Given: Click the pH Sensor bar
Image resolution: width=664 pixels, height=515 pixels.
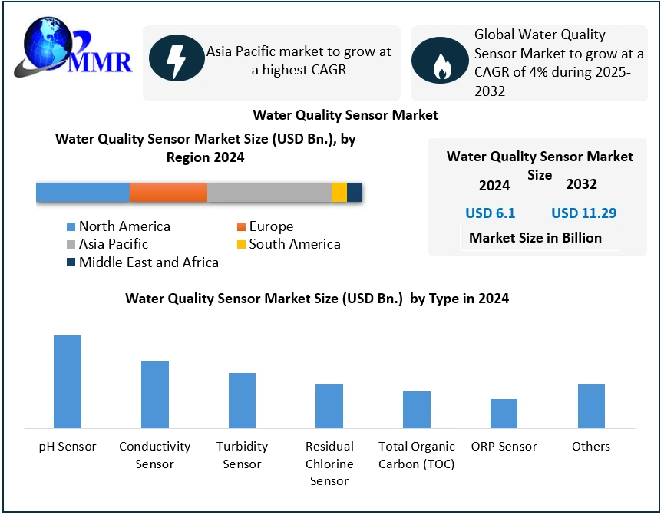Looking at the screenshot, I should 68,381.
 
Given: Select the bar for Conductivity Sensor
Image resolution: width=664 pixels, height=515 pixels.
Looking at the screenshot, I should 155,395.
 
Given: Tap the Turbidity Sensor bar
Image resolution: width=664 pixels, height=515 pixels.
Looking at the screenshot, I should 242,400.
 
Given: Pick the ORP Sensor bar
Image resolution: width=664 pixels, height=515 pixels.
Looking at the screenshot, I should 504,413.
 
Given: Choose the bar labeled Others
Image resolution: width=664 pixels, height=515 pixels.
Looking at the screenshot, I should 591,405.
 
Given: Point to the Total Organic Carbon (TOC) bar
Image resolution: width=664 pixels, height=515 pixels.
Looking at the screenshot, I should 417,409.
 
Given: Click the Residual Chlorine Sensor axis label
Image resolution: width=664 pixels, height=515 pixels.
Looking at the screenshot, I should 329,464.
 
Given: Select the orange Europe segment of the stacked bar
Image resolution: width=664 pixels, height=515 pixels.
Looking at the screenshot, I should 168,193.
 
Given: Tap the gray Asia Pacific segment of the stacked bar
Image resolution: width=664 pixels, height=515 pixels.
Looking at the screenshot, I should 269,193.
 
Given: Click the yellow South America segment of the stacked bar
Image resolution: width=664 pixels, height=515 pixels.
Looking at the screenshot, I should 339,193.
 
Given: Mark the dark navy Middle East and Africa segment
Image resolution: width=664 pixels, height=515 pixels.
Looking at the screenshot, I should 355,193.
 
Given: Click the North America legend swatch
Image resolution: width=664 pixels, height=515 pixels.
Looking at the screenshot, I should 71,227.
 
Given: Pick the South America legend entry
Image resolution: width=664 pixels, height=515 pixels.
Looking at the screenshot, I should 294,244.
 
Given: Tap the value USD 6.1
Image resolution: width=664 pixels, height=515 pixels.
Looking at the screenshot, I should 490,213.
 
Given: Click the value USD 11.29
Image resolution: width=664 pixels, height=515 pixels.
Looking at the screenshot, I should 583,213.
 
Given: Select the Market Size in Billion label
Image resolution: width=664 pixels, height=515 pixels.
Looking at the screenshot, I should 535,238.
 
